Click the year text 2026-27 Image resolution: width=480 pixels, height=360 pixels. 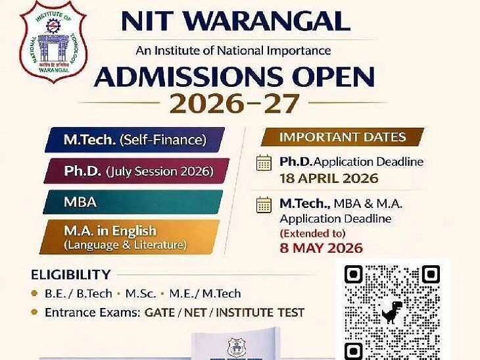point(235,103)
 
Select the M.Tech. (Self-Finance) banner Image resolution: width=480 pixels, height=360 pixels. point(135,140)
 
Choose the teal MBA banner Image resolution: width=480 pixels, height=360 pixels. point(132,202)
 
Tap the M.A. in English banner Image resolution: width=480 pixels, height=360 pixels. point(128,237)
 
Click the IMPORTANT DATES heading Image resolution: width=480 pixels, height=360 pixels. point(342,137)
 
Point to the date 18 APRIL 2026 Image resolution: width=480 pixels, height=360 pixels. point(329,178)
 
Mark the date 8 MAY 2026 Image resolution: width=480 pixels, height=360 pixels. point(322,248)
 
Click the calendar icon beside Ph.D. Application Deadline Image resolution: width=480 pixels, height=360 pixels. point(264,163)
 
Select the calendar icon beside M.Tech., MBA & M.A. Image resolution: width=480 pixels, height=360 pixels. point(264,204)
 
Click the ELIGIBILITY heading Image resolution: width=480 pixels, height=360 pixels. point(70,274)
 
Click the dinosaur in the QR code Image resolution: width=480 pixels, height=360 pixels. point(393,311)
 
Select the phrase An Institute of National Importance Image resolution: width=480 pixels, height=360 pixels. point(233,50)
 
